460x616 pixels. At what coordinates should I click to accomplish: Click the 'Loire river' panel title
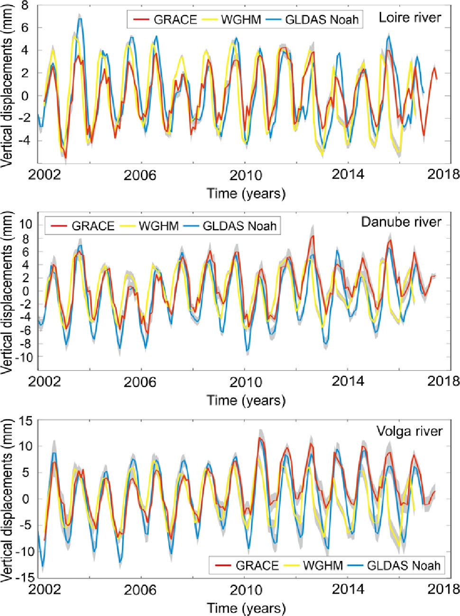click(x=410, y=18)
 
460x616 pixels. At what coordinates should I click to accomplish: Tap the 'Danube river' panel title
click(x=401, y=222)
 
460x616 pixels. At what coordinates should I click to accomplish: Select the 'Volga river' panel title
click(x=409, y=431)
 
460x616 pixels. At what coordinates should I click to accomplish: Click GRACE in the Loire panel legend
click(x=175, y=19)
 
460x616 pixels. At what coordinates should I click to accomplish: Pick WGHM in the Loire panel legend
click(x=241, y=19)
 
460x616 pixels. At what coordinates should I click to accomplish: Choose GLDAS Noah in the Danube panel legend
click(x=239, y=226)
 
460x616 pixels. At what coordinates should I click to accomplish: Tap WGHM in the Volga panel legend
click(x=322, y=565)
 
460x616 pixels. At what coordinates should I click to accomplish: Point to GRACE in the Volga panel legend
click(x=257, y=565)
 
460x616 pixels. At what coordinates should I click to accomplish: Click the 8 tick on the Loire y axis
click(x=25, y=6)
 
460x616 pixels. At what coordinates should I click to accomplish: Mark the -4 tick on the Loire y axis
click(x=22, y=141)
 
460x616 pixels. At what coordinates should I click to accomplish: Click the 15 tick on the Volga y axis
click(x=25, y=420)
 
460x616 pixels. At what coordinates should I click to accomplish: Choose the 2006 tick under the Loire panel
click(x=139, y=175)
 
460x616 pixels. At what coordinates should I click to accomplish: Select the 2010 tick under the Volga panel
click(x=246, y=589)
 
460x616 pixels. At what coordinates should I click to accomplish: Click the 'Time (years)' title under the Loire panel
click(x=246, y=194)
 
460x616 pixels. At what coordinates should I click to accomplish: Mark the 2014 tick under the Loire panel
click(x=348, y=175)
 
